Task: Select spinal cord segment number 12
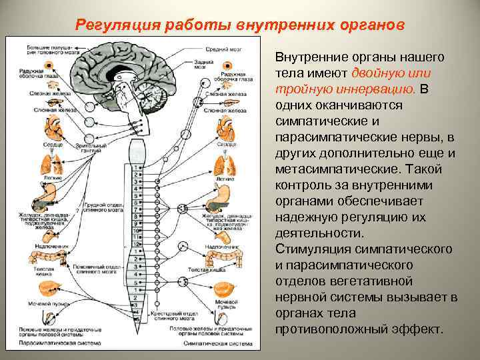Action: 137,245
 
